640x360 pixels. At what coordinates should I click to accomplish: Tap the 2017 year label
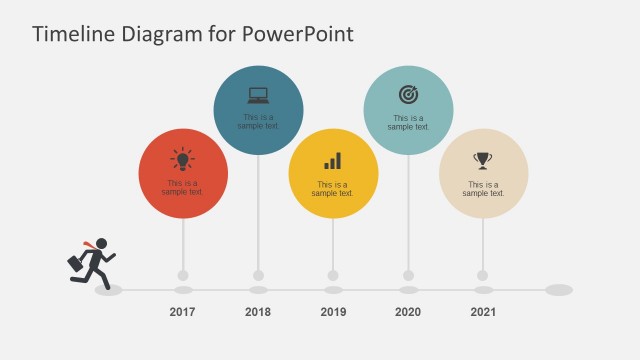182,312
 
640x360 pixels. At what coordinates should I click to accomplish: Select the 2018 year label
258,312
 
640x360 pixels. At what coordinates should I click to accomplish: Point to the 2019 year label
333,312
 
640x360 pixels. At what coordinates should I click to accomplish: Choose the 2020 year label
408,312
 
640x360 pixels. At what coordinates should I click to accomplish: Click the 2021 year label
483,312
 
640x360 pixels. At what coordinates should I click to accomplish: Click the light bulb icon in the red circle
182,159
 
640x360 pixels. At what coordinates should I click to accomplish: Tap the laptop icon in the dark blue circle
258,95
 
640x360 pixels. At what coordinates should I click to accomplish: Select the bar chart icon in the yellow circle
333,160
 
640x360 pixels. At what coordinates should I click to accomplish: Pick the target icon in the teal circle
408,94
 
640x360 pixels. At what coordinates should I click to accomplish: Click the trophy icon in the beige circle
483,160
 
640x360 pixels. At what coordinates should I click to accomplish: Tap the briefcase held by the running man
76,263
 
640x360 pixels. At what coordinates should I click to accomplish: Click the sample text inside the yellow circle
333,188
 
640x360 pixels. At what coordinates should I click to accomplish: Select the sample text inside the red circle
182,188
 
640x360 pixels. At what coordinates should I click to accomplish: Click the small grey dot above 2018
258,275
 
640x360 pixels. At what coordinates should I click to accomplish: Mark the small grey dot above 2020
408,275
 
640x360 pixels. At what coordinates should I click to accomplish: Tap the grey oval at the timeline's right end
559,290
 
